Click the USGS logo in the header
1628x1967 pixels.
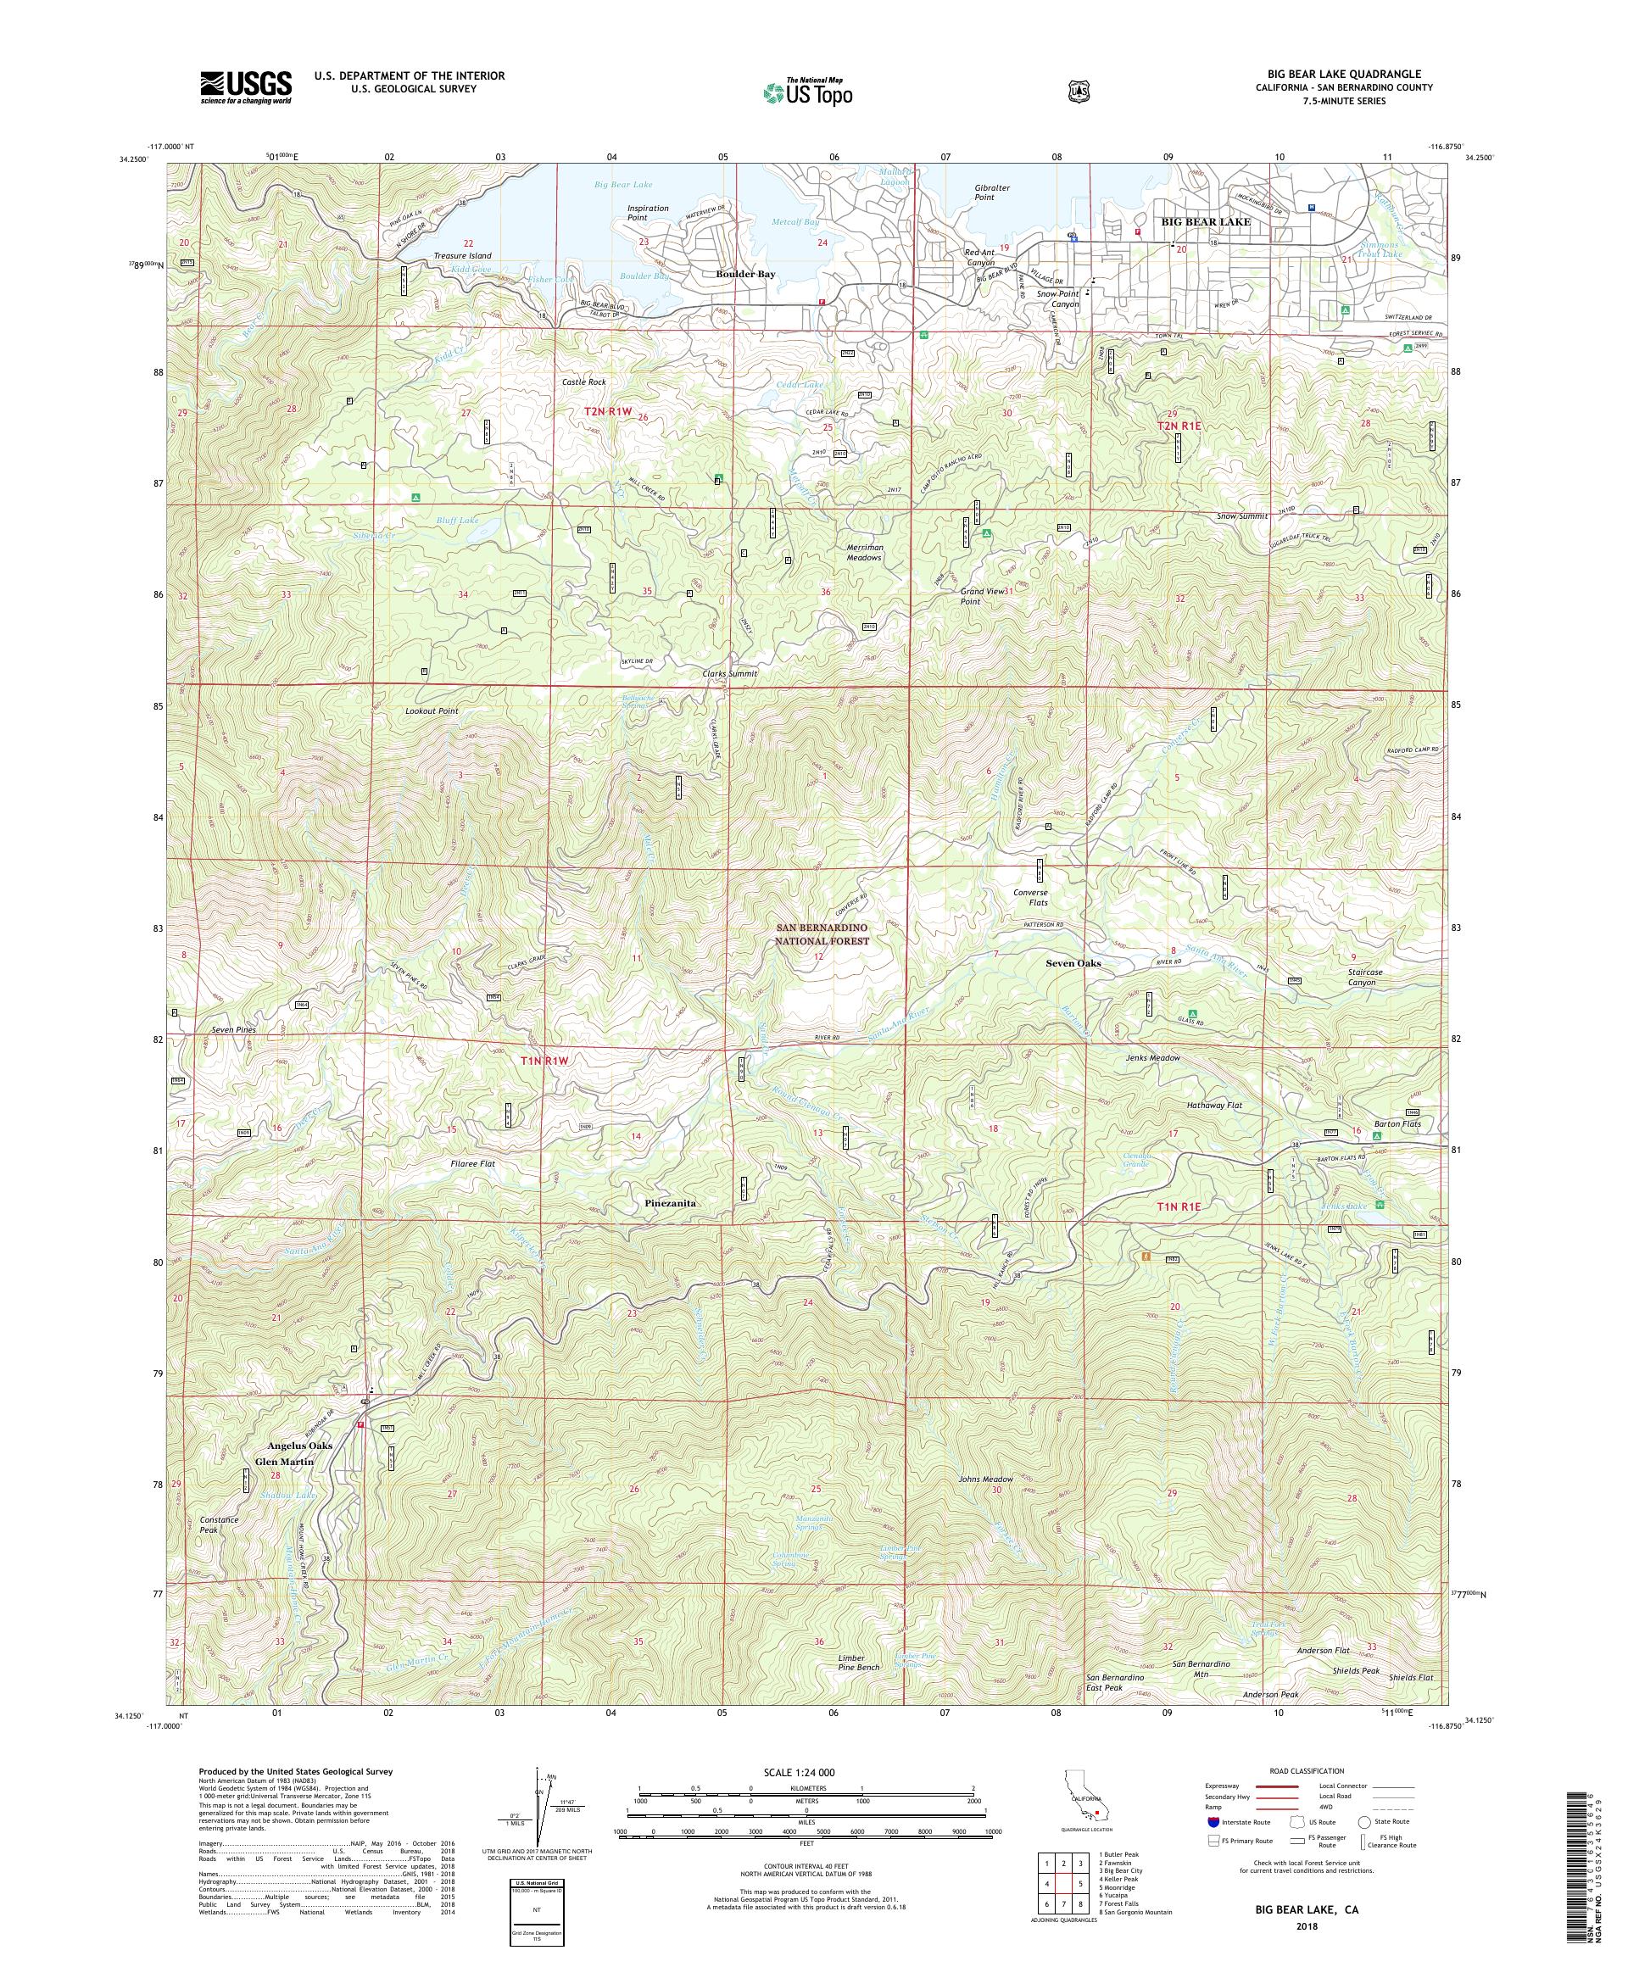[x=244, y=88]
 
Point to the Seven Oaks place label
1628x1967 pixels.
[x=1073, y=963]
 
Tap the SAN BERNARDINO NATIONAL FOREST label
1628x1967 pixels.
[x=822, y=933]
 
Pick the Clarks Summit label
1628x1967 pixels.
[x=730, y=673]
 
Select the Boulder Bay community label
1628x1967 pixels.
[x=745, y=275]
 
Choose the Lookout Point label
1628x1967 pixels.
[x=432, y=711]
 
